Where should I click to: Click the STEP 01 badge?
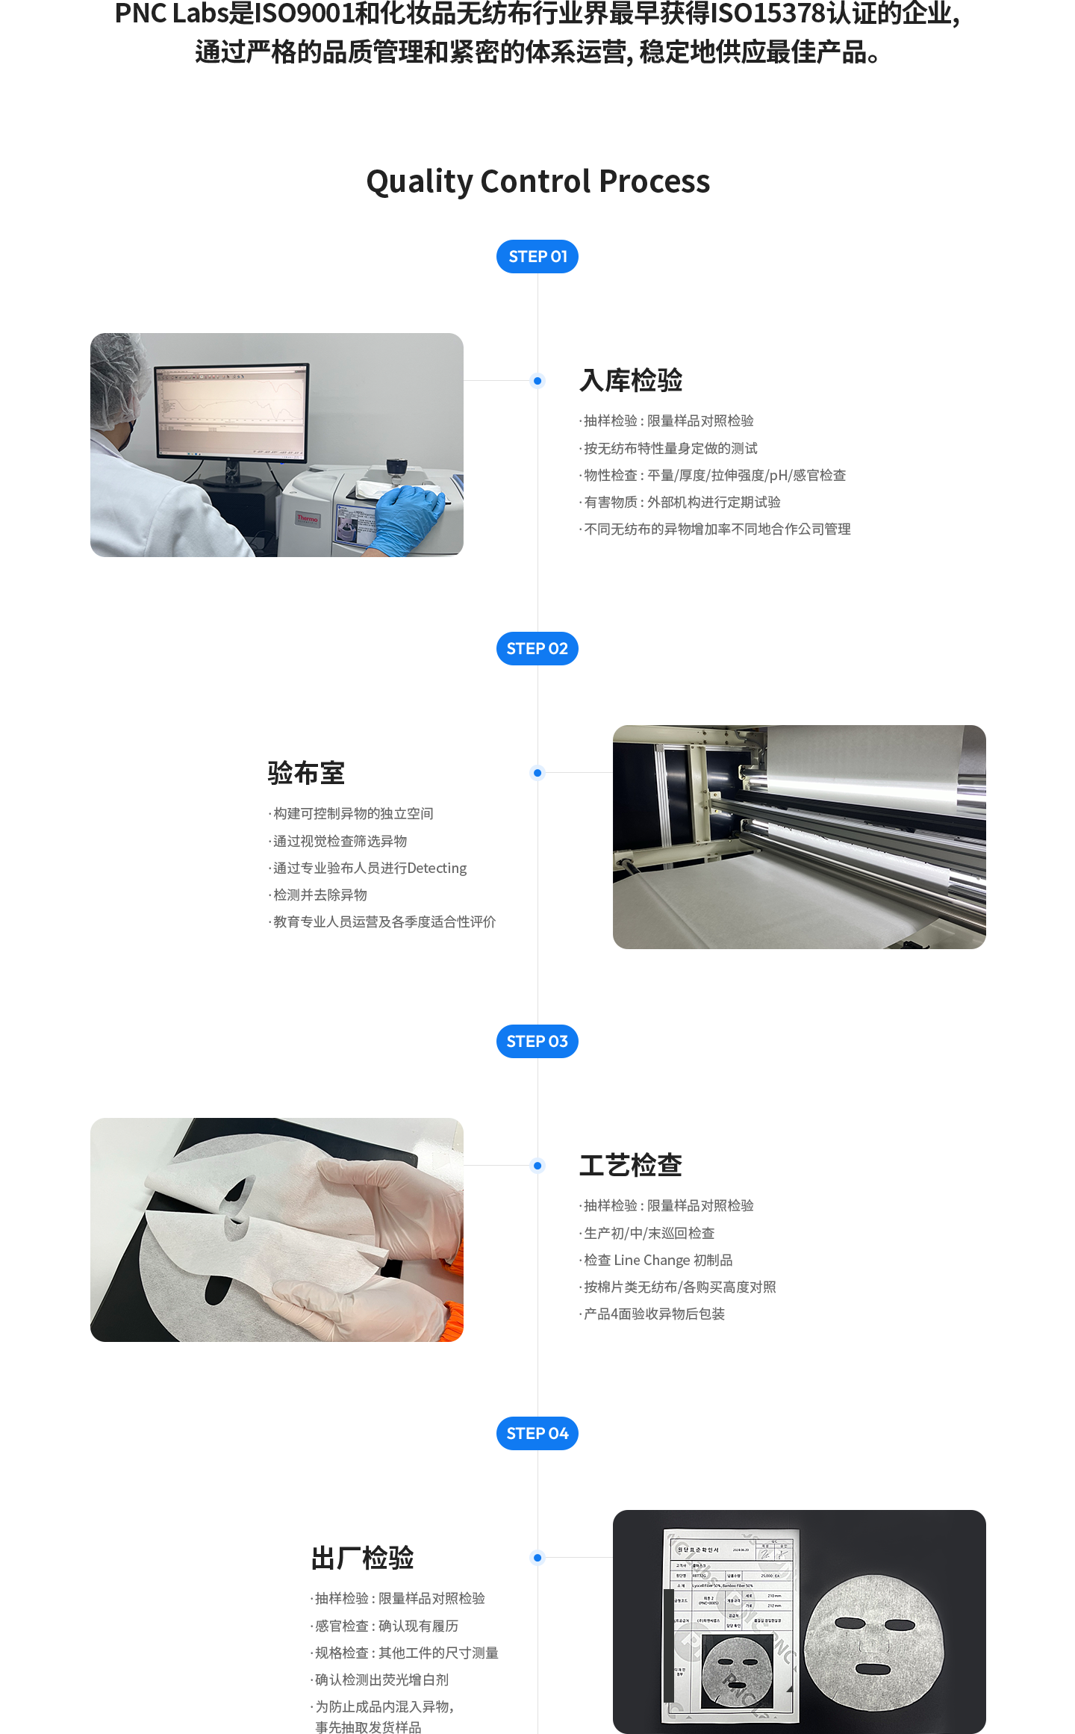(537, 256)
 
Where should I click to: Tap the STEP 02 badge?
(537, 648)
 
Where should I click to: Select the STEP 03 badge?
(537, 1041)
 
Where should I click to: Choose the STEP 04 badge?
(537, 1433)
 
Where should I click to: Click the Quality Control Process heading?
(537, 181)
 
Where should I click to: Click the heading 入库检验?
(631, 380)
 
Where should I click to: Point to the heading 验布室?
(305, 773)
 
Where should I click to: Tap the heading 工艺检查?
(631, 1165)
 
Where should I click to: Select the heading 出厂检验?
(363, 1558)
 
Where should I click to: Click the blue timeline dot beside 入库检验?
(537, 381)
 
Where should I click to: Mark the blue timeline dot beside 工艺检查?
(537, 1165)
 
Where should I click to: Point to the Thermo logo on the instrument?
(307, 518)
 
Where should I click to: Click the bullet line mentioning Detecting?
(370, 868)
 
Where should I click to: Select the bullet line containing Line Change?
(658, 1260)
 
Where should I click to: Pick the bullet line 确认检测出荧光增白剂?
(381, 1679)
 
